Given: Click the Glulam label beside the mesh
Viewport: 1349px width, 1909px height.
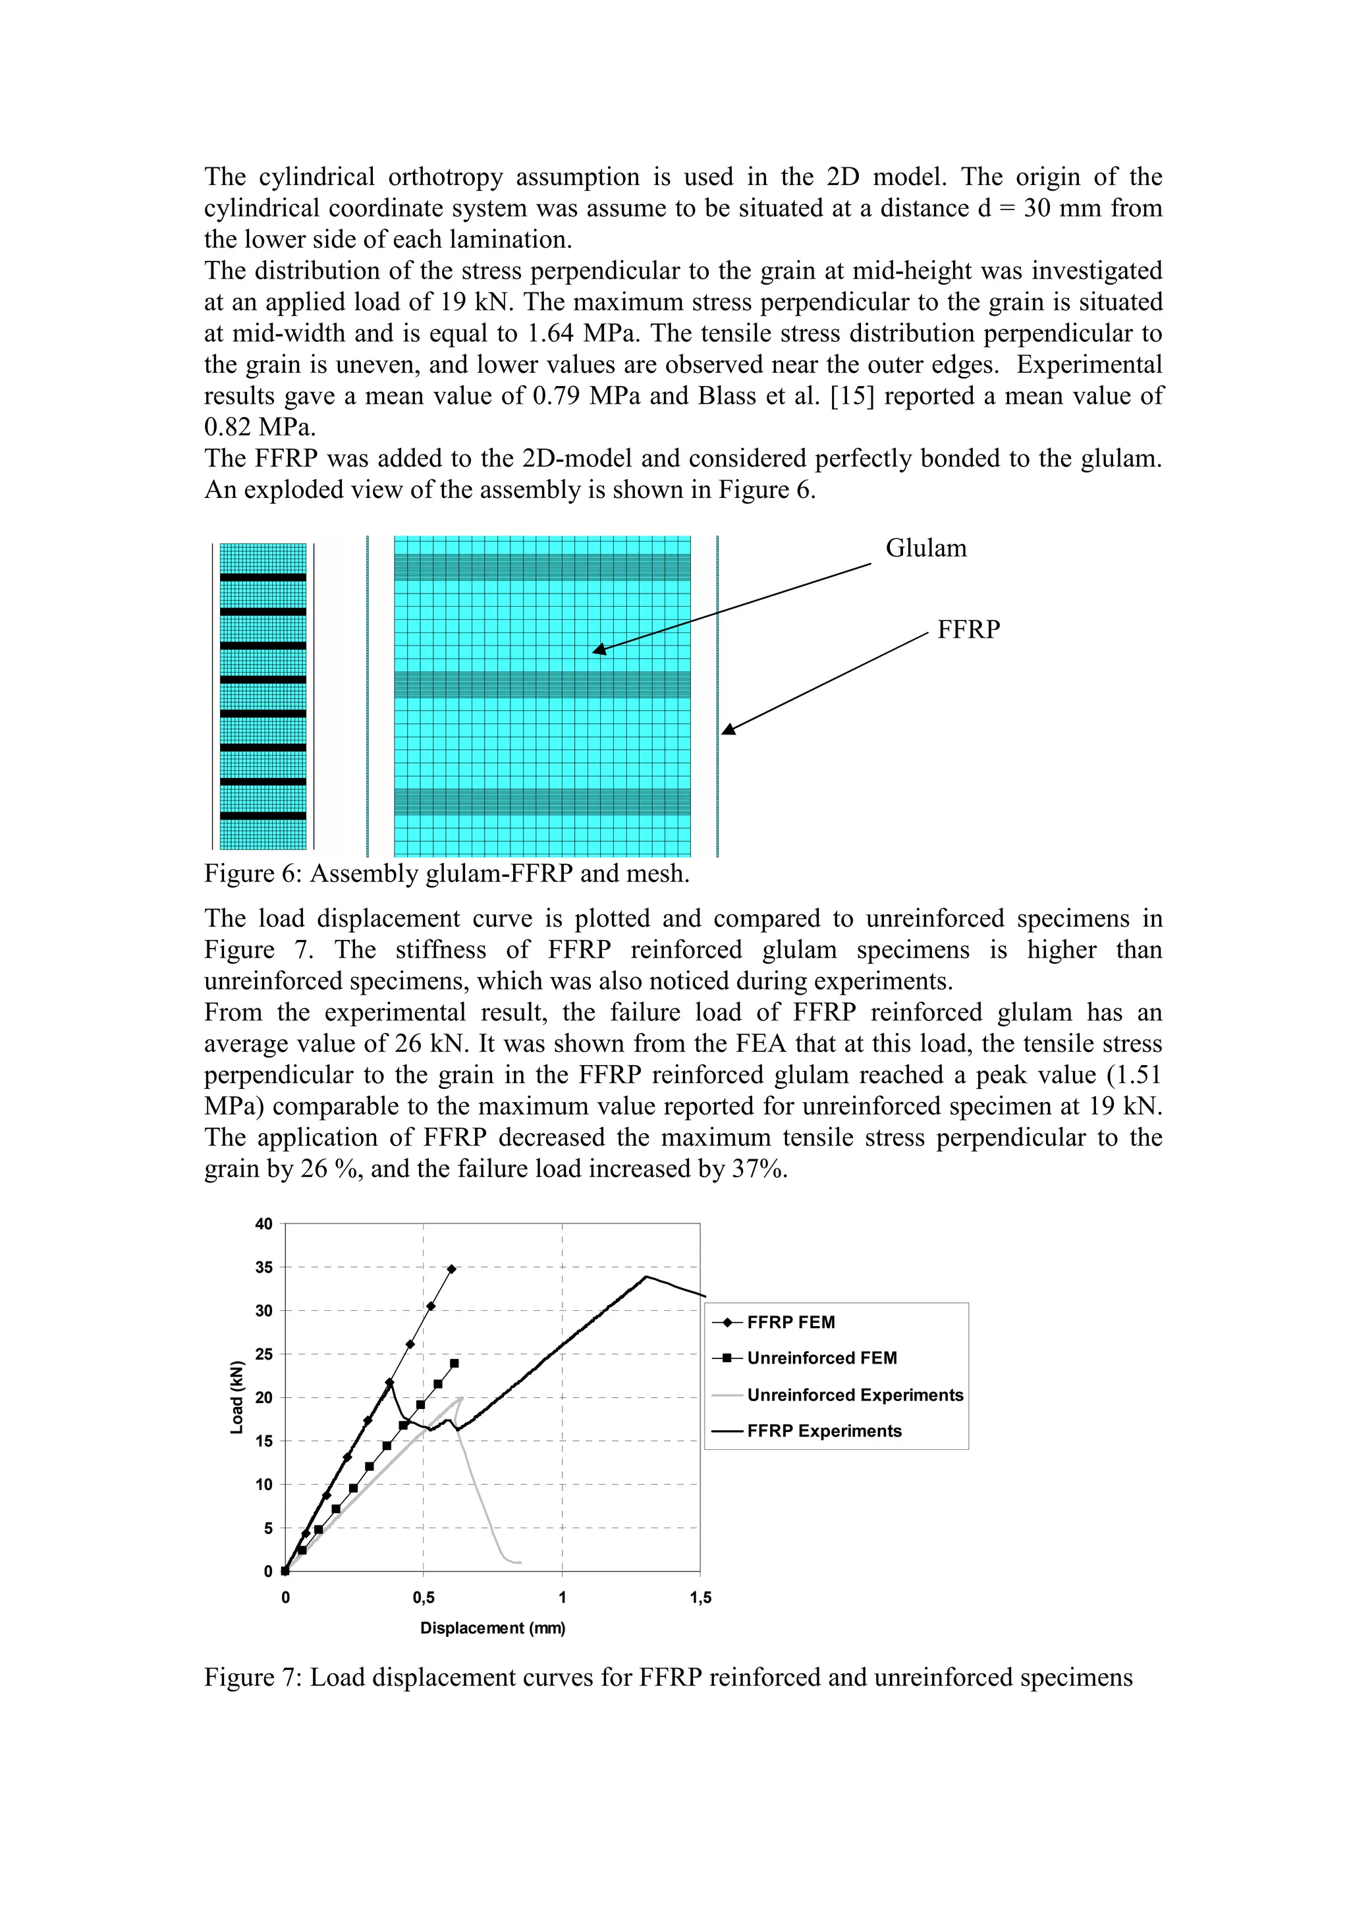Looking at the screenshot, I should (x=926, y=548).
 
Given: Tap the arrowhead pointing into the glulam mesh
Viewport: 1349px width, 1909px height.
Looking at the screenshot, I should (x=599, y=650).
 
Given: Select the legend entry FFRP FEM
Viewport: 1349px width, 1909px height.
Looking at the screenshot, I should (x=790, y=1322).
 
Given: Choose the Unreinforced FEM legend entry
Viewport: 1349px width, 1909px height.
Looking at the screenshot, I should (x=821, y=1358).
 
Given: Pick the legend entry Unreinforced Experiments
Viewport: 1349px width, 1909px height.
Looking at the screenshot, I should (x=854, y=1395).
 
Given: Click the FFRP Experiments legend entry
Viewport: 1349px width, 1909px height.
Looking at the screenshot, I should (x=824, y=1430).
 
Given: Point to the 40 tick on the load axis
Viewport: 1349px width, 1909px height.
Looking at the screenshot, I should (x=263, y=1224).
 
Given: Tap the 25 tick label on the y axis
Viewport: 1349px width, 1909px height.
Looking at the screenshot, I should (x=263, y=1354).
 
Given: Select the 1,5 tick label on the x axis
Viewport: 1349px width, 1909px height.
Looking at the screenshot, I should (x=701, y=1597).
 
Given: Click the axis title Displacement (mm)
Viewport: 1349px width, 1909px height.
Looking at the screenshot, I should (x=492, y=1628).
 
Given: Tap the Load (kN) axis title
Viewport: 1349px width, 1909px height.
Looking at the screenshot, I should (x=238, y=1397).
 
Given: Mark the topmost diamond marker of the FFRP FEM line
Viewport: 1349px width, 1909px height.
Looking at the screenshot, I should (x=451, y=1269).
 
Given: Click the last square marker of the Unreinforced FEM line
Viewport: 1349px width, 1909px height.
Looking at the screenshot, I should (x=454, y=1364).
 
